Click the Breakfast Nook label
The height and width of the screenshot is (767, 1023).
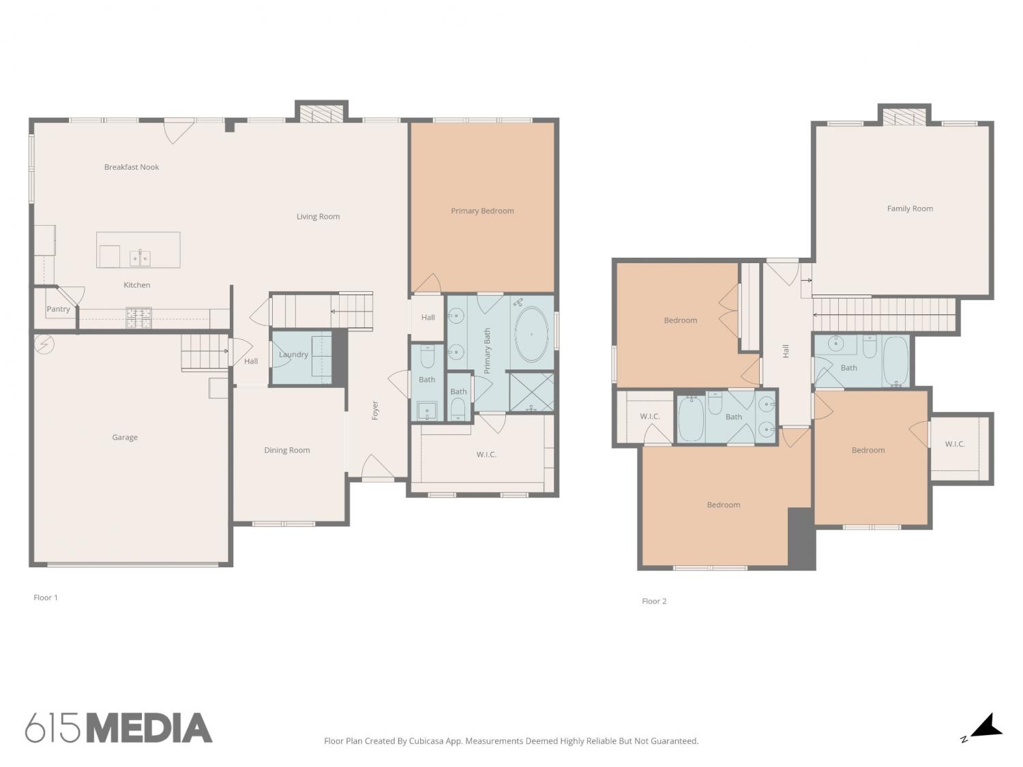click(132, 167)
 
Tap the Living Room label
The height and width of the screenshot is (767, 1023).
click(318, 217)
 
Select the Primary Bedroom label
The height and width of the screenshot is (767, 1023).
click(482, 211)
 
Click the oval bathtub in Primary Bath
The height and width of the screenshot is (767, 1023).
click(531, 334)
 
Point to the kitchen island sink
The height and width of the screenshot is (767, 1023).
click(140, 258)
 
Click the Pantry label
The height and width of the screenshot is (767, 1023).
click(58, 310)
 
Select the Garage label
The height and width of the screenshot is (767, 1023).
click(125, 437)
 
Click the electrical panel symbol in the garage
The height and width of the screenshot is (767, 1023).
click(44, 344)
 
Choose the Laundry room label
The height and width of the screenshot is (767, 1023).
click(293, 355)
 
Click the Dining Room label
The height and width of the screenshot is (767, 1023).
click(286, 451)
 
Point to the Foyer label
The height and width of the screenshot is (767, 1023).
click(375, 410)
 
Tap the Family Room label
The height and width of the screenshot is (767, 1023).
click(910, 209)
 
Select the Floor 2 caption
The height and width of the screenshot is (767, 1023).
click(654, 601)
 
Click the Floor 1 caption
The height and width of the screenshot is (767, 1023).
click(46, 597)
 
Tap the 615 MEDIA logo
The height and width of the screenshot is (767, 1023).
click(119, 728)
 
